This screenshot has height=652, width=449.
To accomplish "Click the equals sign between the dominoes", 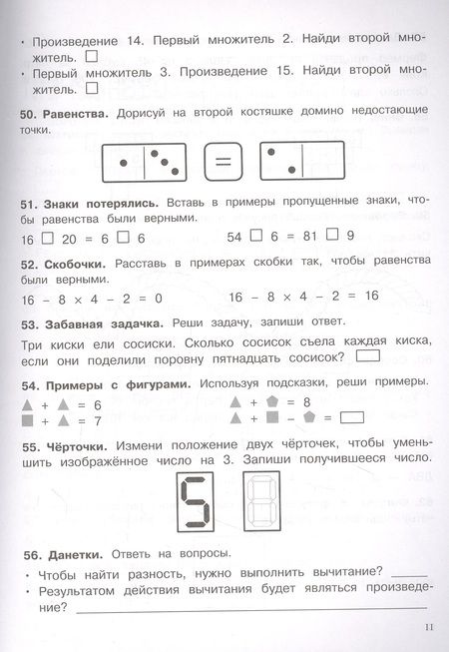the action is pyautogui.click(x=224, y=161).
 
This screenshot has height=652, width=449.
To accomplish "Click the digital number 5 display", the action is pyautogui.click(x=194, y=500).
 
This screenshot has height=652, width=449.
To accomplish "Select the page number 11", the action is pyautogui.click(x=429, y=627).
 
